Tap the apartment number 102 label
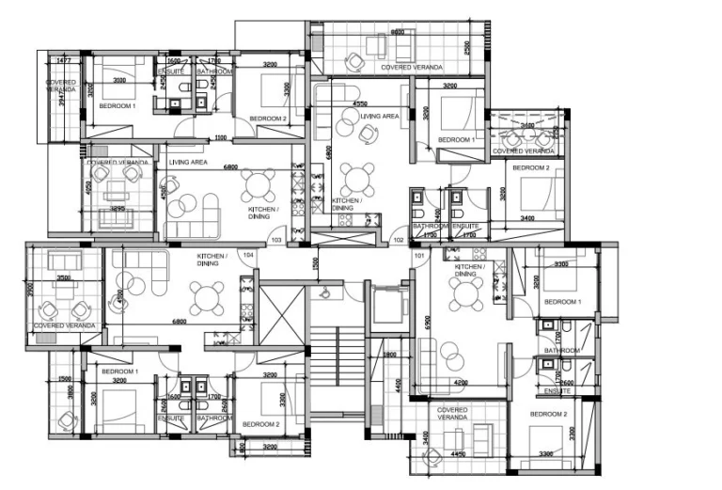pos(399,240)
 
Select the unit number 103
pos(276,241)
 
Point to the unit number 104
pos(249,255)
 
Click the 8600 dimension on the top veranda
pos(398,32)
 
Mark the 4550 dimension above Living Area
pos(359,103)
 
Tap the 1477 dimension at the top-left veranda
pos(64,60)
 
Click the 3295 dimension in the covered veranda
pos(118,208)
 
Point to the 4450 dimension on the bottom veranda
pos(458,453)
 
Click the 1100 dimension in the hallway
pos(221,139)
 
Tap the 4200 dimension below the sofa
pos(461,383)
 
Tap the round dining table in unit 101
pos(465,293)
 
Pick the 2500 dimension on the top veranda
pos(467,46)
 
